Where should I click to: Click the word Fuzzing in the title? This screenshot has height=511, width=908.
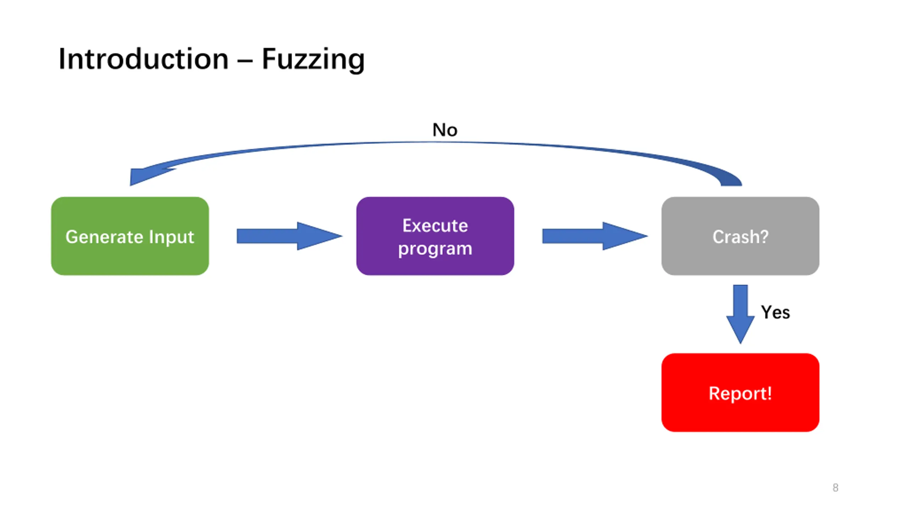click(313, 60)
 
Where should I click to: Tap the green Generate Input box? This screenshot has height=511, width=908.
click(130, 236)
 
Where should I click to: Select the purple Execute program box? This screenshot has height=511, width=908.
click(435, 236)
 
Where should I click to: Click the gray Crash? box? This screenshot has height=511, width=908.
click(740, 236)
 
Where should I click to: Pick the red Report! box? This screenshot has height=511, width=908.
click(740, 392)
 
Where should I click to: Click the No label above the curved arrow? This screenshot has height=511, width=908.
click(445, 130)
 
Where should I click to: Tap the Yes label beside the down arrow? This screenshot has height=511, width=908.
click(775, 312)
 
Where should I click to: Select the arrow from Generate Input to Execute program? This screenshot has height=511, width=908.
click(289, 236)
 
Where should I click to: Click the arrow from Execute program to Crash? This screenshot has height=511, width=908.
click(595, 236)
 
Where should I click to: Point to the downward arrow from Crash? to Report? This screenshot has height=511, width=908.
click(740, 314)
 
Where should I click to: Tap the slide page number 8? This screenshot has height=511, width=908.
click(835, 488)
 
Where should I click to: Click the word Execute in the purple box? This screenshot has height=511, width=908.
click(435, 225)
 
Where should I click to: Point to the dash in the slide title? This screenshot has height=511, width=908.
click(245, 61)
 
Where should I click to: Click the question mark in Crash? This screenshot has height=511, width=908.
click(764, 237)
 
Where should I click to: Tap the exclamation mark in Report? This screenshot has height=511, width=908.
click(769, 393)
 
